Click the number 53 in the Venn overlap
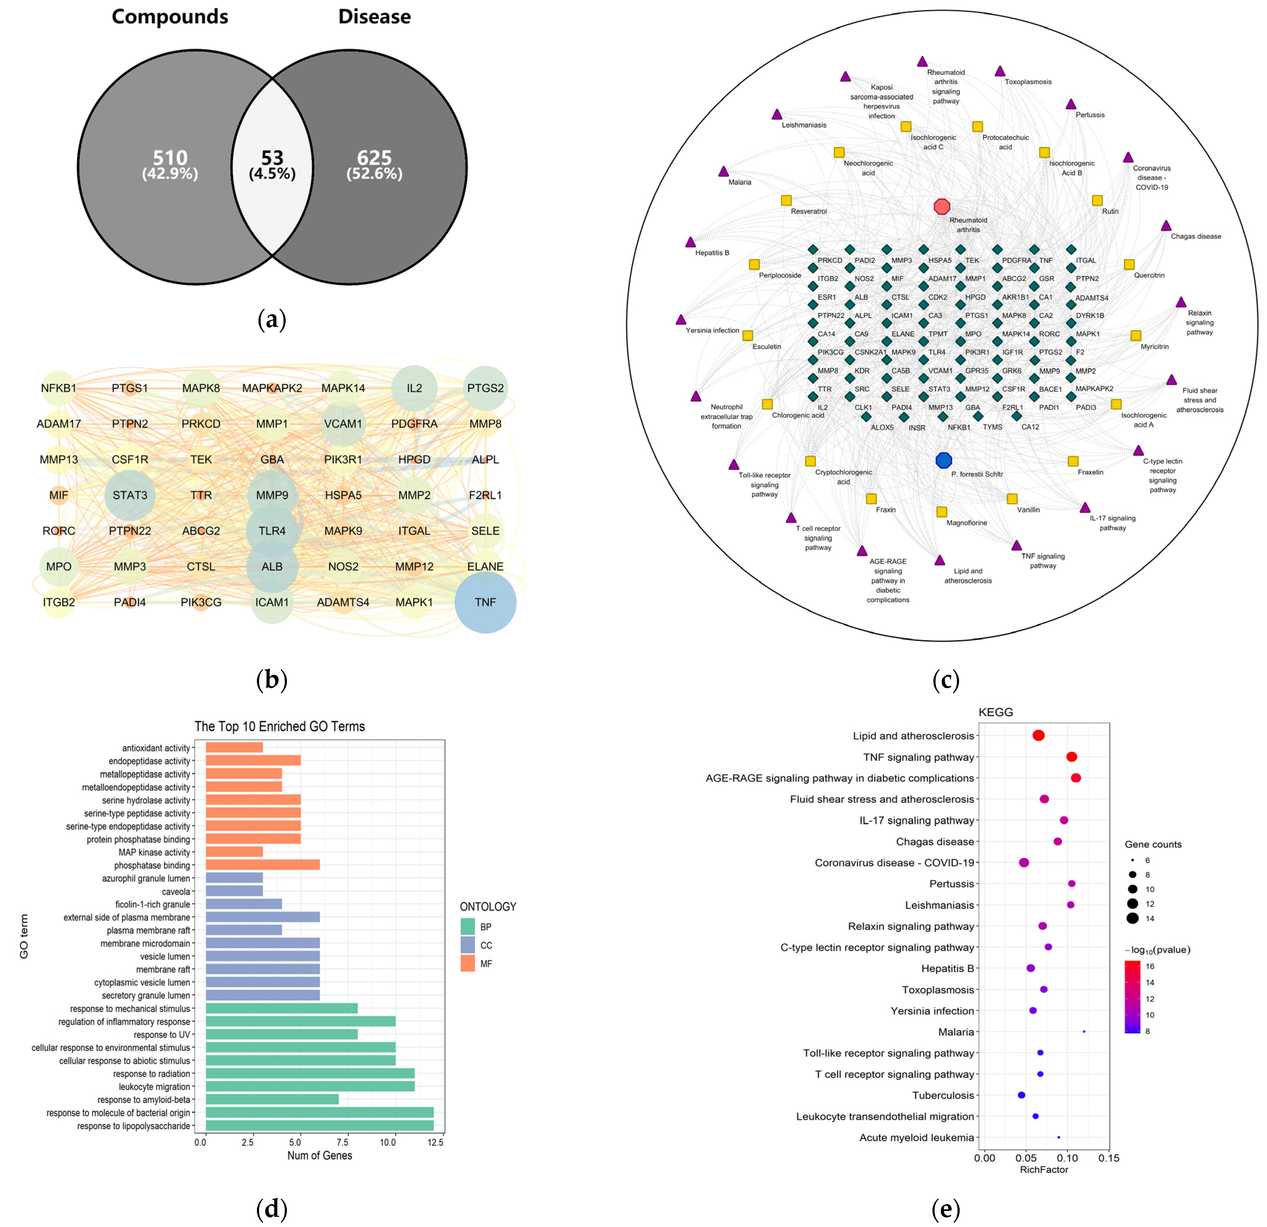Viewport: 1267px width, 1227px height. [x=272, y=158]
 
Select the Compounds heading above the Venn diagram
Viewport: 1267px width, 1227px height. [x=170, y=17]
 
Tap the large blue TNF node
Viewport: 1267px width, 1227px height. [x=485, y=602]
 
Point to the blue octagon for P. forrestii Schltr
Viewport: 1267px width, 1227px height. [x=944, y=460]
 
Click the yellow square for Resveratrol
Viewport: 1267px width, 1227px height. [x=786, y=200]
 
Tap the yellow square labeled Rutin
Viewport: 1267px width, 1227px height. [x=1097, y=200]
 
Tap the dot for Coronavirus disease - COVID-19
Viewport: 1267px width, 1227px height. [x=1024, y=863]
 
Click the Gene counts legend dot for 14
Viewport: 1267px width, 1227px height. [x=1133, y=918]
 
